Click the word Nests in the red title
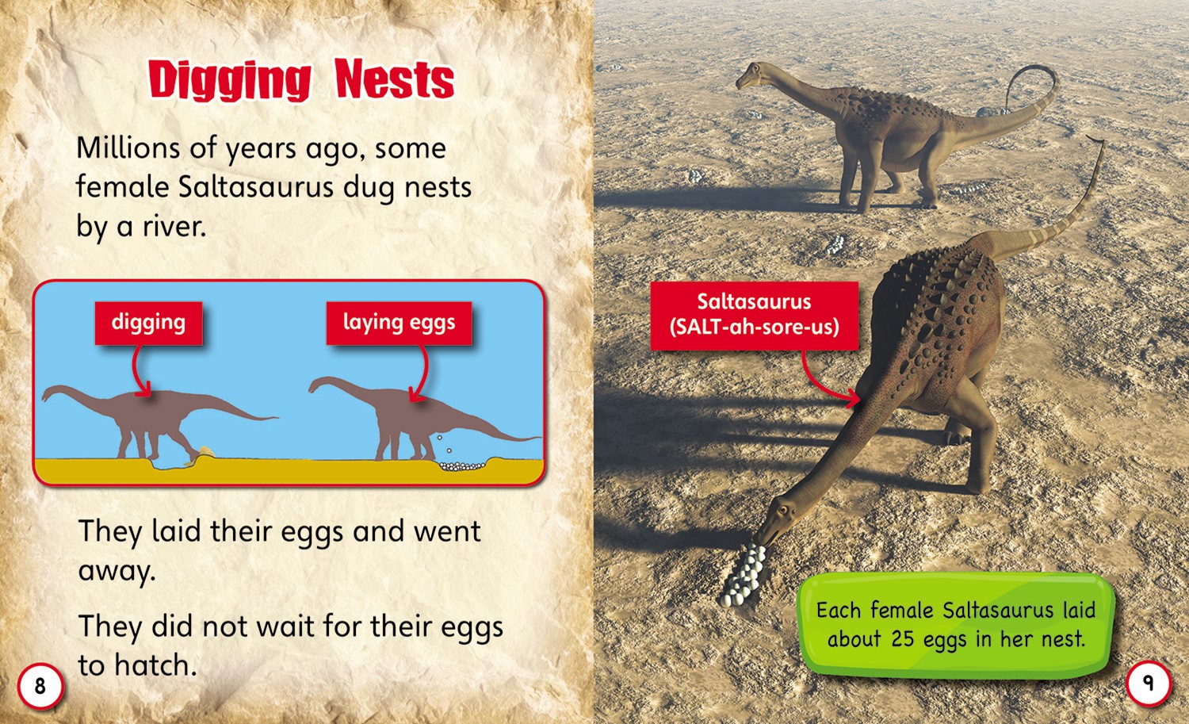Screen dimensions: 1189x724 (x=395, y=79)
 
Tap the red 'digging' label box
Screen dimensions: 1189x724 (x=149, y=323)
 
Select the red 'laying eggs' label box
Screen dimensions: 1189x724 (x=400, y=323)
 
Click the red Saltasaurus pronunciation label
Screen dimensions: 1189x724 (x=755, y=316)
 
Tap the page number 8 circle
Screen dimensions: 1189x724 (x=40, y=686)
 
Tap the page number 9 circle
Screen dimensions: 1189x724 (x=1149, y=683)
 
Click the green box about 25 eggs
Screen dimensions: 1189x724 (x=955, y=625)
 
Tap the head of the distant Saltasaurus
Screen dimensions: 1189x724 (x=753, y=75)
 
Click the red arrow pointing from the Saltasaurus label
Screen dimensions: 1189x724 (x=822, y=385)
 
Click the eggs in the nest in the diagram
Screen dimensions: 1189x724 (x=462, y=466)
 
